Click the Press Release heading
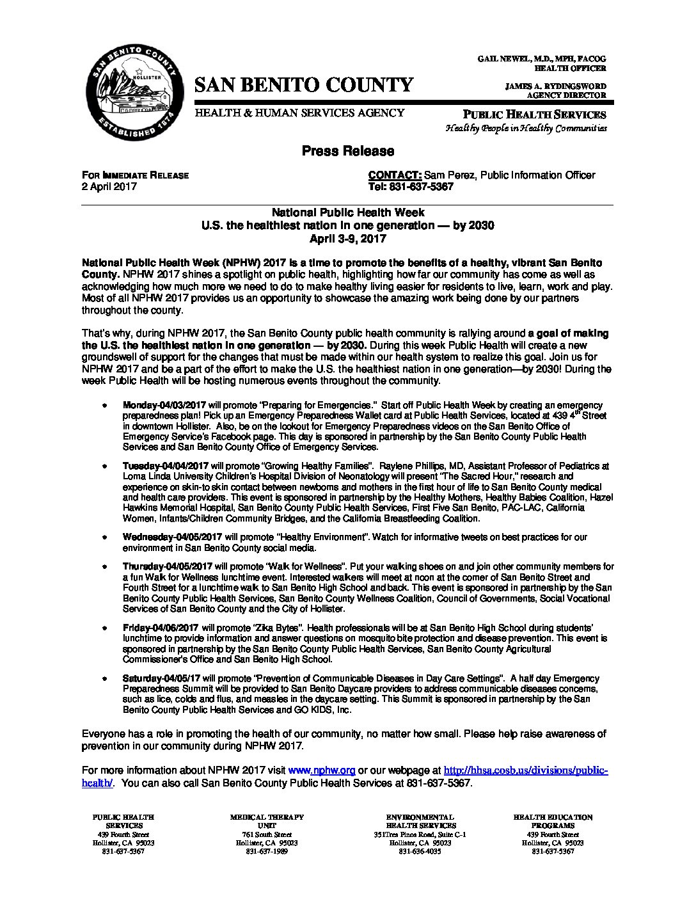348,151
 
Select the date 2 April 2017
109,187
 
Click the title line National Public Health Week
348,212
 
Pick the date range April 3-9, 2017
348,239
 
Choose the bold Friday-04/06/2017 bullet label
160,628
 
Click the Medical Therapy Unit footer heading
267,822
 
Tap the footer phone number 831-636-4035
420,852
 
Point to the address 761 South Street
267,834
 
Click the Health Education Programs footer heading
553,822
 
